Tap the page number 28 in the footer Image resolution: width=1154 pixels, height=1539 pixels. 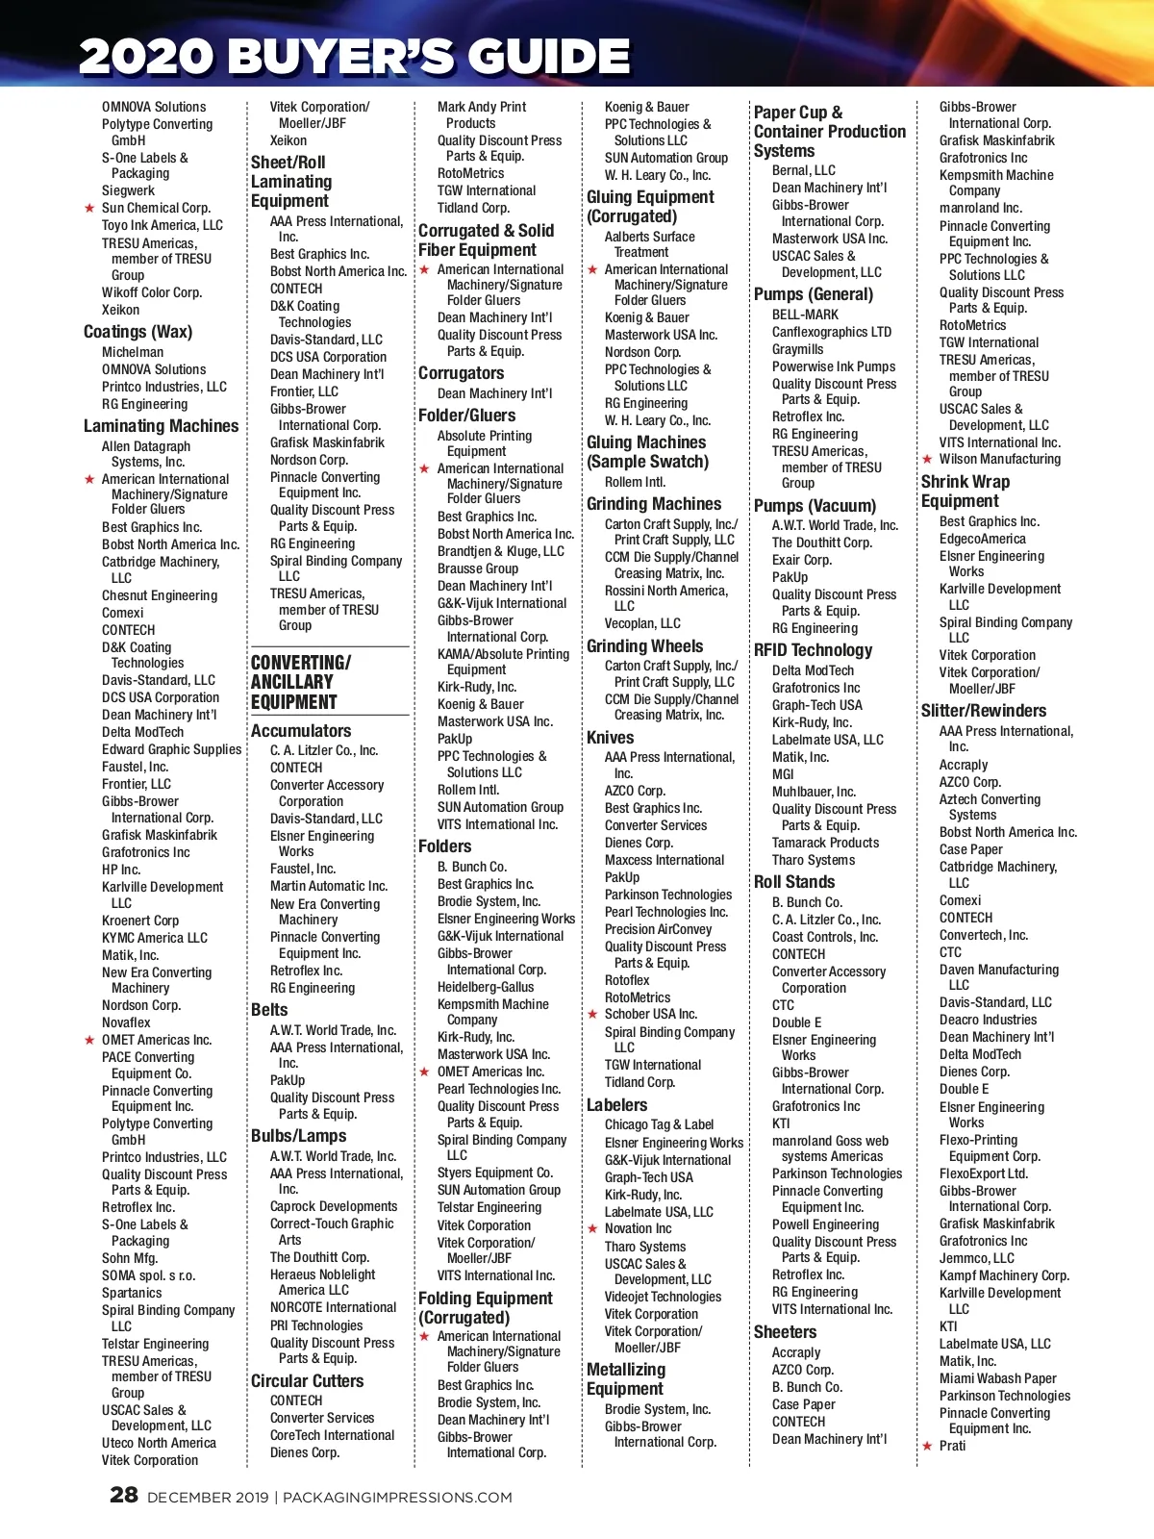pos(124,1495)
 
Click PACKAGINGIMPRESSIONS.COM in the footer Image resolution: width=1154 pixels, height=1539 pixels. pos(397,1498)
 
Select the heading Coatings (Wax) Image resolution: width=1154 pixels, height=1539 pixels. pos(138,332)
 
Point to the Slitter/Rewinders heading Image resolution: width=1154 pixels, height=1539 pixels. pos(983,711)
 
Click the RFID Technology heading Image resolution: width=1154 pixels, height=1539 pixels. pos(813,650)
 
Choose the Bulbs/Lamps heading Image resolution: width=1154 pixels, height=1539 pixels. pos(298,1136)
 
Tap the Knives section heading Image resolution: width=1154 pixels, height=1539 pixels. pos(610,738)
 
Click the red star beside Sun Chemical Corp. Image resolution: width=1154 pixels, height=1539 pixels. pos(89,208)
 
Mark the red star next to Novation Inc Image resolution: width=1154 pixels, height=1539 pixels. pos(593,1228)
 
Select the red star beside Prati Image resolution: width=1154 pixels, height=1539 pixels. pos(927,1446)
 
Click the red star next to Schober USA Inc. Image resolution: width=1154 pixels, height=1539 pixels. pos(593,1014)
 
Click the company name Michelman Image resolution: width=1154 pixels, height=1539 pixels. pos(133,352)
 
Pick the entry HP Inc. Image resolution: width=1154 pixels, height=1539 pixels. pos(121,870)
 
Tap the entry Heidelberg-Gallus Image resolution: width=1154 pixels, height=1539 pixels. pos(485,987)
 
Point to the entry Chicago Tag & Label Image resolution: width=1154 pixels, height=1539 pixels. pos(659,1124)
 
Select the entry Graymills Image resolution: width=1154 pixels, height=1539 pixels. pos(797,349)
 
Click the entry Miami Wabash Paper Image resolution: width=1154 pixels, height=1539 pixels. pos(997,1378)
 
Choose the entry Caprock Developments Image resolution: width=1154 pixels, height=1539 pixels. pos(333,1206)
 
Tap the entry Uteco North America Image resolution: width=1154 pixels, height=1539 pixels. pos(159,1443)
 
